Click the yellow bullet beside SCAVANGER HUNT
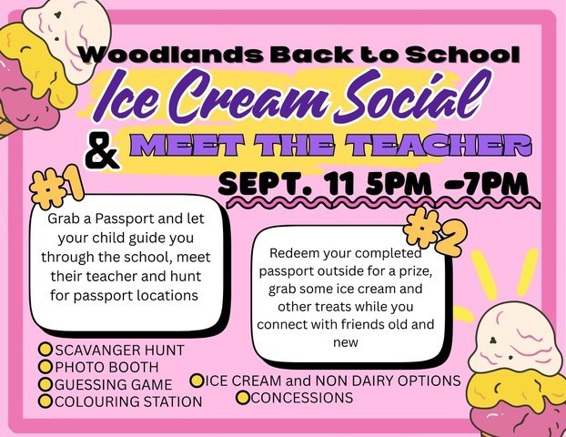tap(45, 350)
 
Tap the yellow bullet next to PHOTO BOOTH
tap(45, 366)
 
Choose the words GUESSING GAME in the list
tap(114, 384)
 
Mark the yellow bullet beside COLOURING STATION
tap(45, 401)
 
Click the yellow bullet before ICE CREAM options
tap(197, 381)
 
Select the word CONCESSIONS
tap(301, 398)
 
